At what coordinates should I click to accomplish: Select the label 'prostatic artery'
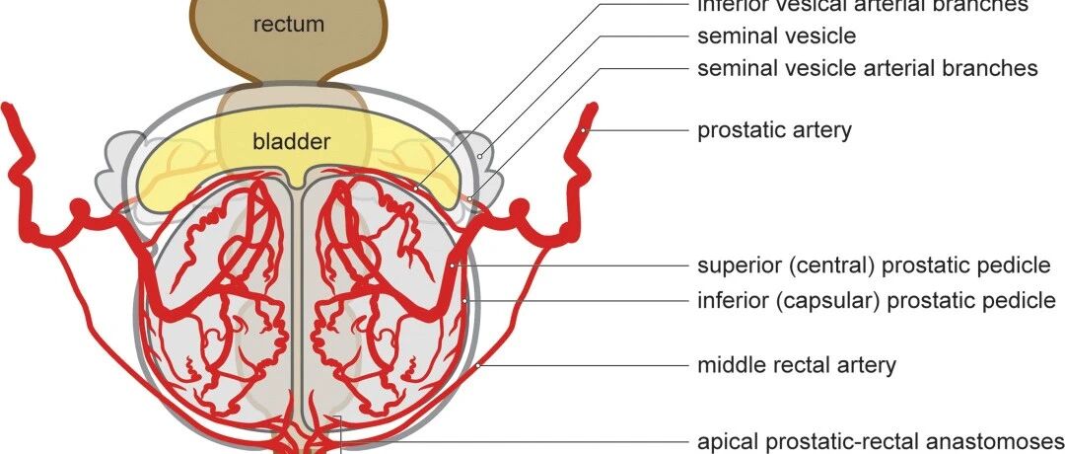(774, 130)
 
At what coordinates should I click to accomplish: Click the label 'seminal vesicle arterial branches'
(867, 68)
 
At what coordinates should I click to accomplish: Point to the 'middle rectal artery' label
(797, 365)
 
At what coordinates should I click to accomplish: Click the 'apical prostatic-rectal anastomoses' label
(881, 440)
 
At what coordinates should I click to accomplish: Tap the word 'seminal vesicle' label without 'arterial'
(777, 37)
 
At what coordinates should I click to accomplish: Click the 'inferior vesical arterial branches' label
(863, 6)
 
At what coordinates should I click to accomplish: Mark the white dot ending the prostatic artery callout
(585, 129)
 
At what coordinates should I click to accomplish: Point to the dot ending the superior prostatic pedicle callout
(452, 265)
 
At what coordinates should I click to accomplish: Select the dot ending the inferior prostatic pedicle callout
(464, 300)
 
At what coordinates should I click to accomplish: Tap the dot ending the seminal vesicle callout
(480, 155)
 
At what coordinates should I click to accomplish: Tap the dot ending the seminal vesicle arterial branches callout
(471, 200)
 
